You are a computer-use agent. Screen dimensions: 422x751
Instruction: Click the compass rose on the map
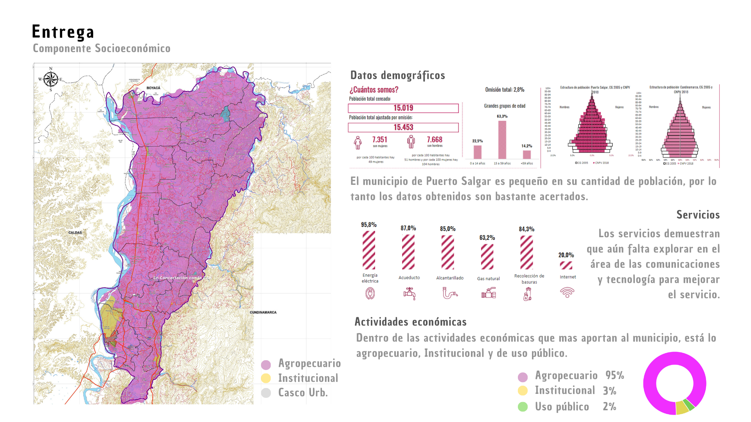point(50,79)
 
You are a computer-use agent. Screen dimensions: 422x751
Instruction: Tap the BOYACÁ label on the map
point(153,88)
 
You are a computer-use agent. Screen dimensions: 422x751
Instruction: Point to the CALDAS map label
point(75,232)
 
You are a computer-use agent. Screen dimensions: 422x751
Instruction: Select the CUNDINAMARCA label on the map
point(263,313)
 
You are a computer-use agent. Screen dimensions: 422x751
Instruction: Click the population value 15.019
point(403,108)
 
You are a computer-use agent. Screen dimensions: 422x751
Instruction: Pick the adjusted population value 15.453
point(403,127)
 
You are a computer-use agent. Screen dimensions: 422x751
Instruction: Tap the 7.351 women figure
point(379,140)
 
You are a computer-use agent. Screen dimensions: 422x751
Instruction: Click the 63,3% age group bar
point(502,139)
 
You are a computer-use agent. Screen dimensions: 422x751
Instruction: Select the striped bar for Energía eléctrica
point(368,250)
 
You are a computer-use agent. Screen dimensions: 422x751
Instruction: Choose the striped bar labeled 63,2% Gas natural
point(487,257)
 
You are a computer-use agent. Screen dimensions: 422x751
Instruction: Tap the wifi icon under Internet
point(567,292)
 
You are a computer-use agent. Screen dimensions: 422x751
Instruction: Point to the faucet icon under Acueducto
point(409,293)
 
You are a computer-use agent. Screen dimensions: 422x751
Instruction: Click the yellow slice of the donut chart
point(682,407)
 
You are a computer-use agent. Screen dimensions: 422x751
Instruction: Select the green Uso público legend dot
point(523,407)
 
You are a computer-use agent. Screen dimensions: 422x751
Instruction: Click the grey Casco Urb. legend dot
point(266,393)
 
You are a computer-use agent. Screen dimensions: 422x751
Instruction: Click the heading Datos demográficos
point(397,75)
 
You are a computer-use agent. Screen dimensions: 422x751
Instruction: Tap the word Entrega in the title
point(63,32)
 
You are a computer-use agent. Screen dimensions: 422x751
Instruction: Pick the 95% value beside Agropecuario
point(614,375)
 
